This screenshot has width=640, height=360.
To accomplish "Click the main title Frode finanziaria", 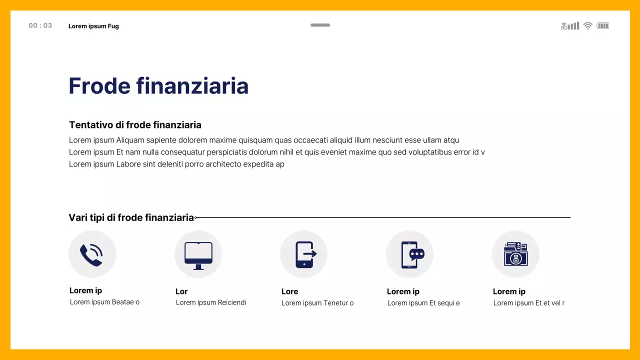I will tap(158, 86).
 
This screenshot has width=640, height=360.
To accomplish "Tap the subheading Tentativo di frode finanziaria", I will tap(135, 125).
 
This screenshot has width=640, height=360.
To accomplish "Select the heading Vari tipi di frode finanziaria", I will tap(131, 217).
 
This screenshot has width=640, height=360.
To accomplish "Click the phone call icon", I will tap(91, 254).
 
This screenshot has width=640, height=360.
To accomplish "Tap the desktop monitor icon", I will tap(198, 254).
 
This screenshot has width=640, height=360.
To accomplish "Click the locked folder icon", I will tap(515, 254).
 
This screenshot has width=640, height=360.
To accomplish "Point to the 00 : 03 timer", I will tap(40, 25).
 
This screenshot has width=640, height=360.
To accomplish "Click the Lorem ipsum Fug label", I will tap(93, 26).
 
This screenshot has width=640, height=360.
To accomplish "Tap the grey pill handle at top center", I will tap(320, 25).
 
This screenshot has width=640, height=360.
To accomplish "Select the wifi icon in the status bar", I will tap(588, 25).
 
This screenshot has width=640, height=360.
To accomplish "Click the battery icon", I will tap(603, 25).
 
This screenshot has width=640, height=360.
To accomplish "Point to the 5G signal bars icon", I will tap(570, 25).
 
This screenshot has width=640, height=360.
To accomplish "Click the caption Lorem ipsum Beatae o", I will tap(104, 302).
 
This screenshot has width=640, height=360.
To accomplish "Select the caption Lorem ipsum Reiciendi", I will tap(211, 302).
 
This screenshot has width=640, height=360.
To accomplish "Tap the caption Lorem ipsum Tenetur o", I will tap(317, 303).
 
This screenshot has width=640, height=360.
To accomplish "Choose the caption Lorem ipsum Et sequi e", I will tap(423, 303).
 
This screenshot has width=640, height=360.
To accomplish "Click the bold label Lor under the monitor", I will tap(181, 291).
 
